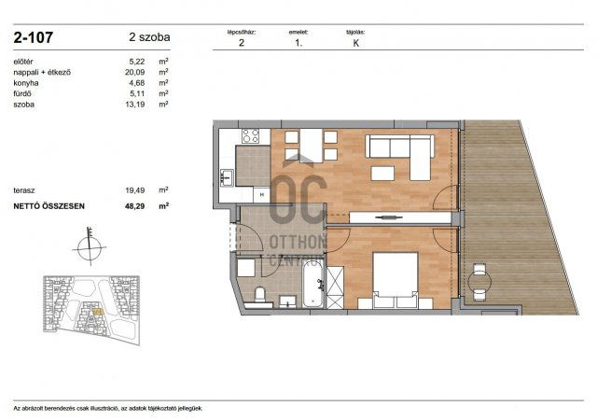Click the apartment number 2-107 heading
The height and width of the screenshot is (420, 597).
coord(34,37)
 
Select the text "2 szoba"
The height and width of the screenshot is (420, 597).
coord(149,37)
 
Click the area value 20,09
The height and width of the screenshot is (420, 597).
coord(134,72)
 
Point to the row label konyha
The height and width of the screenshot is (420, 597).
coord(26,83)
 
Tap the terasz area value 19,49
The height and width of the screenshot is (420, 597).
coord(134,189)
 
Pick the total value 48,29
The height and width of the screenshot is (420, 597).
coord(134,206)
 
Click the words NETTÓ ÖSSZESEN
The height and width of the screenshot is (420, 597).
coord(49,206)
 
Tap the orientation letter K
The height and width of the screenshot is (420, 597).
coord(356,43)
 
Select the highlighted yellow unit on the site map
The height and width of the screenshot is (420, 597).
coord(98,312)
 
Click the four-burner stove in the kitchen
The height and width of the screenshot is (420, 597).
coord(251,136)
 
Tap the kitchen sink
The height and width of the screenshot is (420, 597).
coord(227,177)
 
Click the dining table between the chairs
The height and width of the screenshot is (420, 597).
coord(311,146)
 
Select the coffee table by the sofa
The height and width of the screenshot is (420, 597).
coord(382,173)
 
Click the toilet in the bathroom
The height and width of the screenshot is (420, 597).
coord(260,293)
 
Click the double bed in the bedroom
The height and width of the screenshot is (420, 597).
coord(396,280)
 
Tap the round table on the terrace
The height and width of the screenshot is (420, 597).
coord(479,283)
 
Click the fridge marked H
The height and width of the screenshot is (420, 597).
coord(262,195)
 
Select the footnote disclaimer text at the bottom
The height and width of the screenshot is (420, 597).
coord(108,408)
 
